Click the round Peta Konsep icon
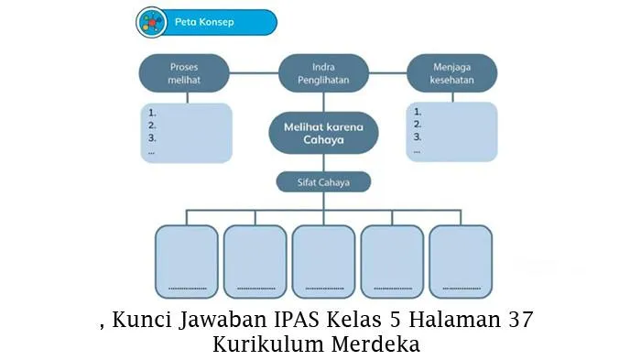(151, 22)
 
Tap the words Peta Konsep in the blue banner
(204, 22)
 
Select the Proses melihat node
(184, 73)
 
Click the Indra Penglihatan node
(323, 73)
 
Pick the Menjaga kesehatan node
(451, 73)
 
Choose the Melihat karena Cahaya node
(323, 133)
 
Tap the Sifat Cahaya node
(323, 182)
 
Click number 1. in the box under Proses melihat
(152, 113)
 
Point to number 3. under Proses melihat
(152, 138)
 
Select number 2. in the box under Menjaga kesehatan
(418, 125)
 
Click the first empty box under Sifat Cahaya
(187, 262)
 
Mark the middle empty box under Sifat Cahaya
(323, 262)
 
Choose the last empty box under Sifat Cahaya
(461, 262)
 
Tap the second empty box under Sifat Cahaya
(255, 262)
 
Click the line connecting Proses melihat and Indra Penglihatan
(254, 73)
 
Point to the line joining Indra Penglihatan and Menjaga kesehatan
(388, 73)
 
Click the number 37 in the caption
(521, 320)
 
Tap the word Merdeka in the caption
(375, 344)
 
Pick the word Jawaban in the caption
(223, 321)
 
